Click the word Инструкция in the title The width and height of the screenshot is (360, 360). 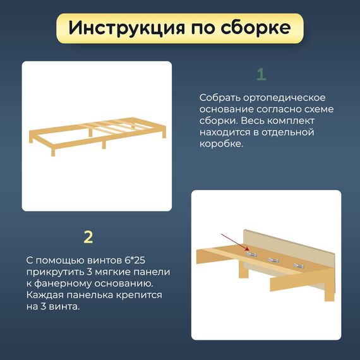tap(126, 28)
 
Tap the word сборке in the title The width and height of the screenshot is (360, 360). tap(256, 27)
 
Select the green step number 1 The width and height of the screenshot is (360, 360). tap(261, 74)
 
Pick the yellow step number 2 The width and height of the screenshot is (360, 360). tap(88, 237)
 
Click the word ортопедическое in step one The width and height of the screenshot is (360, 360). tap(284, 98)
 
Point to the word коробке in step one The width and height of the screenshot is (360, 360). tap(221, 144)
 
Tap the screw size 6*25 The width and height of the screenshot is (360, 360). tap(135, 260)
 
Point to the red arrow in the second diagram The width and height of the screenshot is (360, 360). tap(235, 242)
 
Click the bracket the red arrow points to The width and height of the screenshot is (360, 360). tap(251, 254)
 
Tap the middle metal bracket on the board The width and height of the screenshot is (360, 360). tap(273, 260)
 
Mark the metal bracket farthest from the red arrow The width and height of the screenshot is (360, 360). tap(299, 266)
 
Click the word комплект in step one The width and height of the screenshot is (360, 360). tap(291, 121)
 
